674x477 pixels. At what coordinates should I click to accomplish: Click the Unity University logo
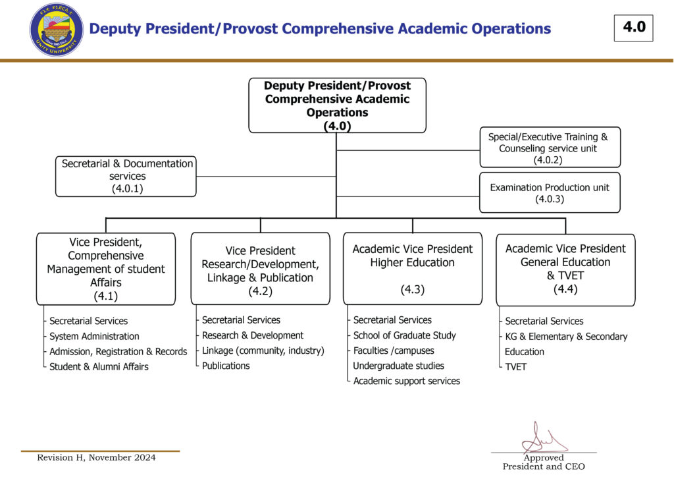tap(57, 30)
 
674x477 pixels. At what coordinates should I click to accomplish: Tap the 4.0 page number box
tap(633, 28)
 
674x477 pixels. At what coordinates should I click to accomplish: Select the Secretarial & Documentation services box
tap(126, 176)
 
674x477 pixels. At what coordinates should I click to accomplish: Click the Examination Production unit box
tap(550, 192)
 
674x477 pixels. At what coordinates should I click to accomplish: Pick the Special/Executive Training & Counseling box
tap(550, 148)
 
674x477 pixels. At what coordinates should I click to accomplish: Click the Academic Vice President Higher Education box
tap(413, 268)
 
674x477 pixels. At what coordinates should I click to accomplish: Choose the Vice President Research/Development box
tap(261, 268)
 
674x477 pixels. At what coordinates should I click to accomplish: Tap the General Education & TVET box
tap(565, 269)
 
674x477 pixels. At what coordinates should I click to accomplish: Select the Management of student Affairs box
tap(106, 269)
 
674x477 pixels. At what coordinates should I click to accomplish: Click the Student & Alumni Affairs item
tap(99, 366)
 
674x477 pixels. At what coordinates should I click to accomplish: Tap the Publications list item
tap(226, 366)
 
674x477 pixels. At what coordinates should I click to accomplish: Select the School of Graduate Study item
tap(405, 335)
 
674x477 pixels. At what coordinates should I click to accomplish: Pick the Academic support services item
tap(407, 381)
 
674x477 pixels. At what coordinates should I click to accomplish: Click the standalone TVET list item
tap(516, 367)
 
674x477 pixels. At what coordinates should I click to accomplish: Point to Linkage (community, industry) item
tap(263, 351)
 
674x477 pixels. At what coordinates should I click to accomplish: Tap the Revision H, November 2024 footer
tap(96, 457)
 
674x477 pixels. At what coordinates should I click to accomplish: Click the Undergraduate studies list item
tap(399, 366)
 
